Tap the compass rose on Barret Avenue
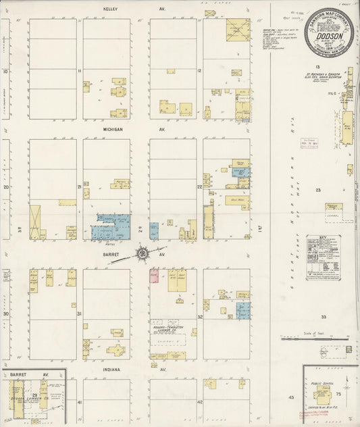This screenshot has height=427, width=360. (x=143, y=254)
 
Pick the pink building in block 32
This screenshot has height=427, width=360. (x=154, y=276)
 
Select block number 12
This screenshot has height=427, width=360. (x=199, y=71)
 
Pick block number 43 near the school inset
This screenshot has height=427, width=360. (x=292, y=397)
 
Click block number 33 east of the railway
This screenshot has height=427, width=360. (x=324, y=316)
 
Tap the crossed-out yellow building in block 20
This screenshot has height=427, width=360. (x=35, y=222)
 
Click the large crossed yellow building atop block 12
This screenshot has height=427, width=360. (x=237, y=30)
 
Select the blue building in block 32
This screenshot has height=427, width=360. (x=242, y=310)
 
